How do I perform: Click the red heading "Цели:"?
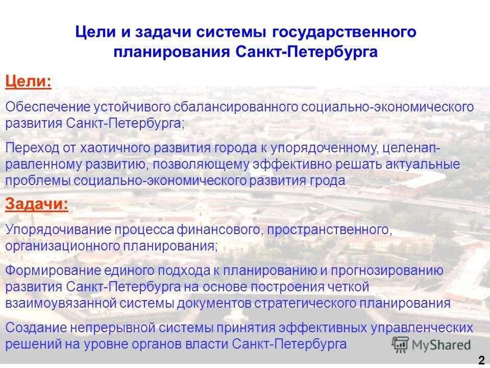tap(28, 82)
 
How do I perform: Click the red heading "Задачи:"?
tap(36, 204)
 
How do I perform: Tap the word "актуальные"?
tap(415, 165)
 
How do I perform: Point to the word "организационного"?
tap(62, 245)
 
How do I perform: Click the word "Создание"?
tap(34, 328)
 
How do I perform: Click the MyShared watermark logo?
tap(431, 344)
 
